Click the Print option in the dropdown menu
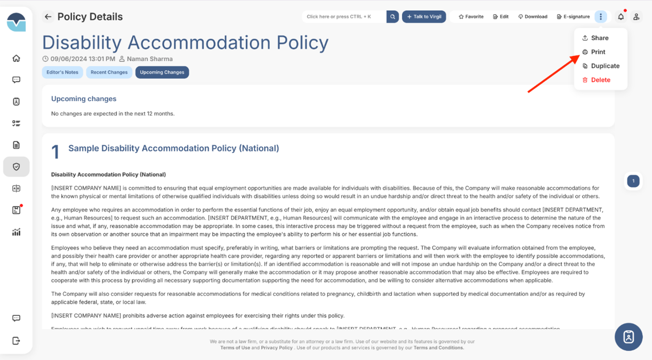pyautogui.click(x=597, y=52)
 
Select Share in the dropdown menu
pyautogui.click(x=599, y=38)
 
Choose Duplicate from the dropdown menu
pyautogui.click(x=605, y=66)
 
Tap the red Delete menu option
pyautogui.click(x=600, y=80)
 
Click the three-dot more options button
pyautogui.click(x=600, y=17)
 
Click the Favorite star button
pyautogui.click(x=471, y=17)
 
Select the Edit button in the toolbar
pyautogui.click(x=501, y=17)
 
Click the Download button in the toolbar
pyautogui.click(x=533, y=17)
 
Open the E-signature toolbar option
pyautogui.click(x=573, y=17)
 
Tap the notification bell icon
pyautogui.click(x=621, y=17)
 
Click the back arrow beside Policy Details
pyautogui.click(x=48, y=17)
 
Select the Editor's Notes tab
pyautogui.click(x=62, y=72)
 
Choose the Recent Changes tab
pyautogui.click(x=109, y=72)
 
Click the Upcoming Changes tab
pyautogui.click(x=162, y=72)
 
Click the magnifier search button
pyautogui.click(x=393, y=17)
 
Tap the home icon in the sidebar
pyautogui.click(x=16, y=58)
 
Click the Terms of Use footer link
pyautogui.click(x=235, y=348)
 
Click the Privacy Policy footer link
pyautogui.click(x=276, y=348)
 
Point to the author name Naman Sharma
pyautogui.click(x=150, y=59)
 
